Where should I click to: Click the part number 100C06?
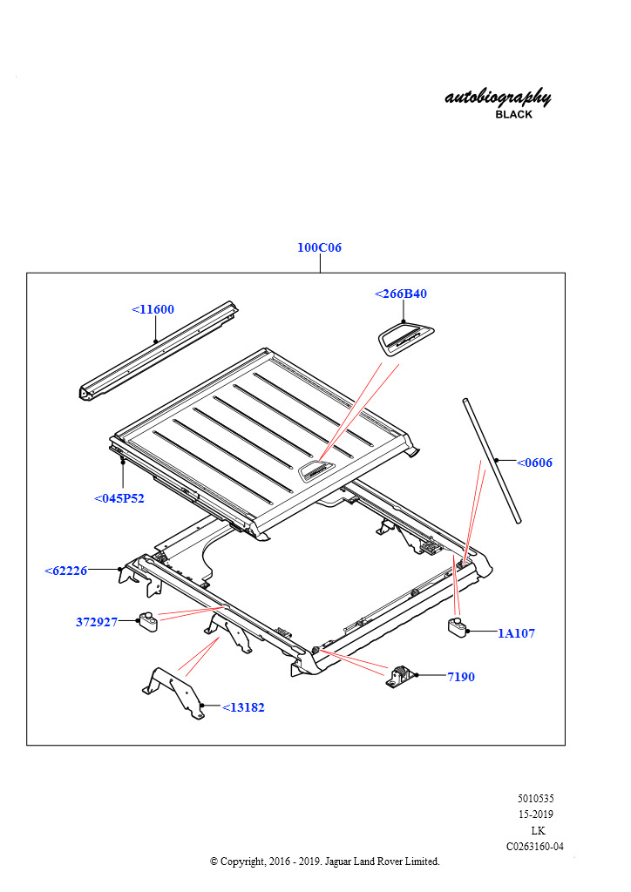319,247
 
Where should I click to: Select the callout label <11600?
153,309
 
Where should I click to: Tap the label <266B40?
401,294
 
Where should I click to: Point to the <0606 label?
534,463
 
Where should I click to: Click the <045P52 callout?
119,498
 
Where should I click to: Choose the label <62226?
66,571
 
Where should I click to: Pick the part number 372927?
97,622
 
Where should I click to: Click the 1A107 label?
516,633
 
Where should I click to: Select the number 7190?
461,676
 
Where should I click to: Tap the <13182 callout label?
243,707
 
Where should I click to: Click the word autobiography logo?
498,97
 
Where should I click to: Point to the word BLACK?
513,115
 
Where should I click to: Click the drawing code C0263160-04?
535,846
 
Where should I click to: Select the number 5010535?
535,798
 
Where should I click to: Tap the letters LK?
538,830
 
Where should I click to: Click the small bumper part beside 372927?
148,621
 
